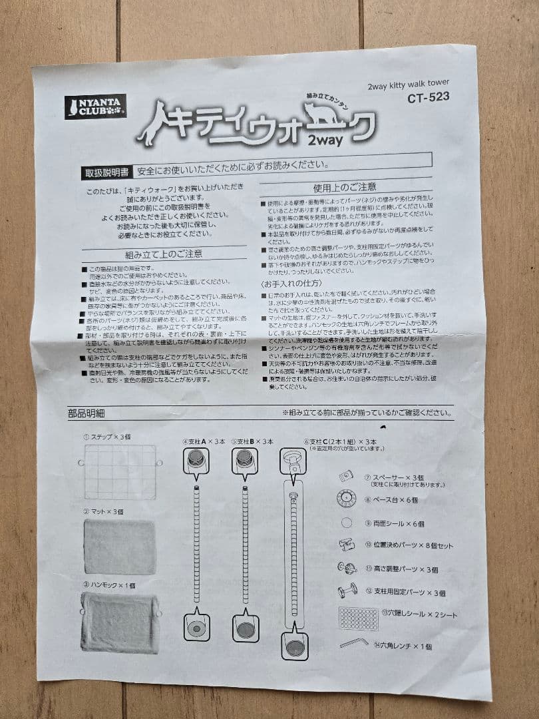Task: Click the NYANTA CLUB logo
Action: coord(95,107)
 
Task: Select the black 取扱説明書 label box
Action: coord(106,172)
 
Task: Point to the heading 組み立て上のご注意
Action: coord(164,254)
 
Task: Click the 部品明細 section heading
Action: coord(86,413)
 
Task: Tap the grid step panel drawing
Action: coord(120,471)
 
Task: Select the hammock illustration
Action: coord(120,622)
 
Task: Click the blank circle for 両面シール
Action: coord(346,522)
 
